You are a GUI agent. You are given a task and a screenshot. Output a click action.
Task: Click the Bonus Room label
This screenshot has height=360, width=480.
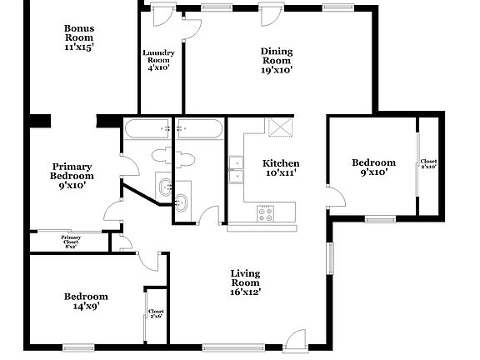tap(79, 38)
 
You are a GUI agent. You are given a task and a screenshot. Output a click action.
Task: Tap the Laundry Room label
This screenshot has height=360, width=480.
tap(158, 60)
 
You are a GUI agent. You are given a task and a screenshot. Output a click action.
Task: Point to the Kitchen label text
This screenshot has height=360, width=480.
tap(282, 167)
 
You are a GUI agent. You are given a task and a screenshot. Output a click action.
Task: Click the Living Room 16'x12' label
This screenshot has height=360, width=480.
tap(246, 282)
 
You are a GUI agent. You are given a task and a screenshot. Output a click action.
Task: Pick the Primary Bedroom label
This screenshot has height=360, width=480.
tap(72, 176)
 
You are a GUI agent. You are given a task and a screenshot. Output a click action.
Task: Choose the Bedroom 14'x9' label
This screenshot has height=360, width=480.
tap(87, 301)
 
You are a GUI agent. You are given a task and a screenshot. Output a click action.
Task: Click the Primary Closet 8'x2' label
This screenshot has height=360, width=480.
tap(70, 242)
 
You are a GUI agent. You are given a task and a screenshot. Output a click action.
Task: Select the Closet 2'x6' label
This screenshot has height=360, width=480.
tap(156, 314)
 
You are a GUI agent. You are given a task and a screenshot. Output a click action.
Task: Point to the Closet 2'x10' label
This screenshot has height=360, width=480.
tap(428, 164)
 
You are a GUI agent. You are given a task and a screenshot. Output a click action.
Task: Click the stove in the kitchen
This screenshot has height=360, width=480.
tap(267, 212)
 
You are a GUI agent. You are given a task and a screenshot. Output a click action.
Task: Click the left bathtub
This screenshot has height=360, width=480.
tap(147, 129)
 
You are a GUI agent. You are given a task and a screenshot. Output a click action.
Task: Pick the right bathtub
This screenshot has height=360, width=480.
tap(200, 129)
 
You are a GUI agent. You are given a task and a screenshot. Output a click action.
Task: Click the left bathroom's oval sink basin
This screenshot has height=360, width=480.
tap(164, 185)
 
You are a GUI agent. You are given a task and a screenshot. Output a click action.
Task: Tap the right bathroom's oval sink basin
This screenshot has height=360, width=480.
tap(181, 200)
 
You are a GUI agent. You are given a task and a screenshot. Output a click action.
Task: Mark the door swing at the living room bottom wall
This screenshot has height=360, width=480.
tap(294, 339)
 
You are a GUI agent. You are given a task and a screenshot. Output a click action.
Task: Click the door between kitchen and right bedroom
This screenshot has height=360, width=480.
tap(336, 197)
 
